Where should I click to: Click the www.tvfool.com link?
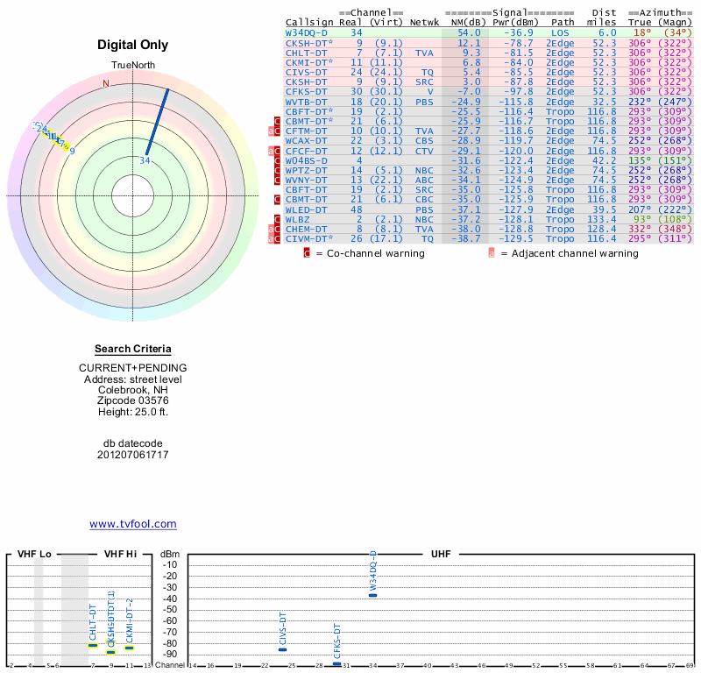click(x=132, y=524)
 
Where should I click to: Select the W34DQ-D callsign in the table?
click(x=306, y=32)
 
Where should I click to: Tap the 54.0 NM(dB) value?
click(x=469, y=32)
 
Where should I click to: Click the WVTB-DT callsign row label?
click(x=306, y=102)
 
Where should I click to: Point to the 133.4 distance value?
click(x=601, y=218)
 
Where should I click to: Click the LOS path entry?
click(x=559, y=32)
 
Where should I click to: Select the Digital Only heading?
click(x=132, y=45)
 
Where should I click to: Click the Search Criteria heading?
click(x=132, y=349)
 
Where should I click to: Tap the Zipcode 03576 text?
click(x=132, y=400)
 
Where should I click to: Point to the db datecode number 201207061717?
click(x=132, y=455)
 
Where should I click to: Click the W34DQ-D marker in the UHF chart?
click(x=372, y=595)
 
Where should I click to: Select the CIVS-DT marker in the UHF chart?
click(x=282, y=649)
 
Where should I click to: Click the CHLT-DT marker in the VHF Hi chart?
click(x=93, y=645)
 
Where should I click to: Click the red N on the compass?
click(x=106, y=84)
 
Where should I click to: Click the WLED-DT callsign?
click(x=306, y=209)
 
